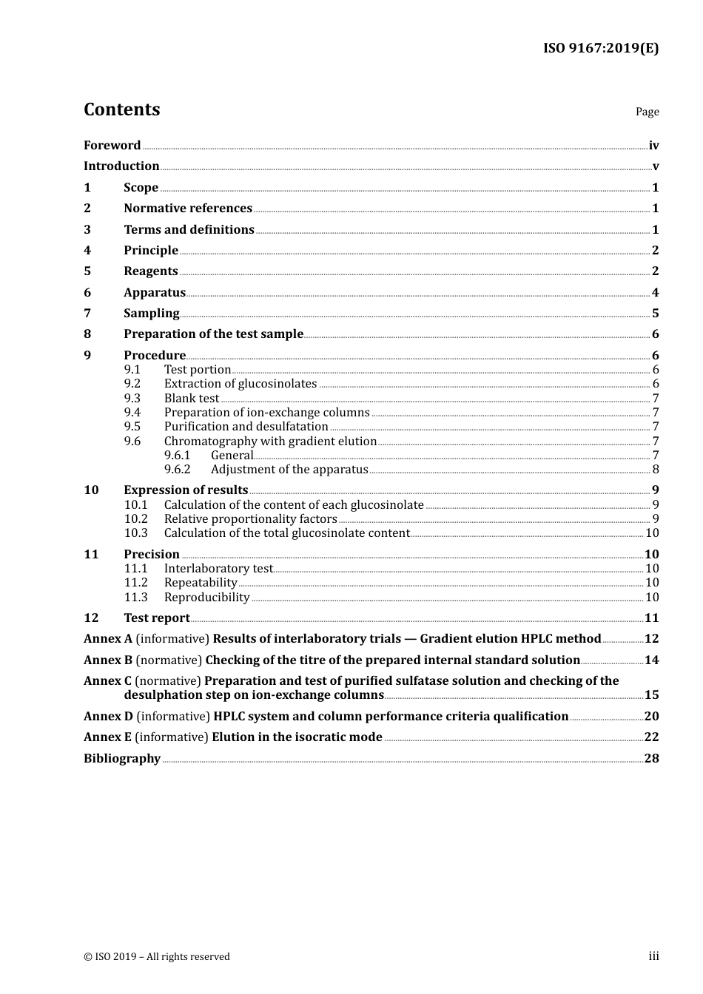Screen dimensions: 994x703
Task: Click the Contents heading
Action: pyautogui.click(x=121, y=109)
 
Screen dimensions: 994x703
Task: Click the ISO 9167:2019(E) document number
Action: pyautogui.click(x=600, y=49)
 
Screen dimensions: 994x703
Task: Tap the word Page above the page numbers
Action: pyautogui.click(x=647, y=112)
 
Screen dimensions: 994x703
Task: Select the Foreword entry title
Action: pyautogui.click(x=112, y=146)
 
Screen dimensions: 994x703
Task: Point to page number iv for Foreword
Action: pyautogui.click(x=653, y=146)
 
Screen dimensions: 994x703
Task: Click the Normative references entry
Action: pyautogui.click(x=188, y=209)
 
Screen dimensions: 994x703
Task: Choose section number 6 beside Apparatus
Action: pyautogui.click(x=87, y=293)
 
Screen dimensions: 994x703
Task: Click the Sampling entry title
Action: pyautogui.click(x=151, y=314)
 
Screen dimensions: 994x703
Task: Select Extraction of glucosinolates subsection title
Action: pyautogui.click(x=240, y=384)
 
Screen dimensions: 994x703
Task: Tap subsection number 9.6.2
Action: pyautogui.click(x=178, y=470)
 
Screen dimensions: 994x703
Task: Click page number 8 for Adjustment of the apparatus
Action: pyautogui.click(x=656, y=470)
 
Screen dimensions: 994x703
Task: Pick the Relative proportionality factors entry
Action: pyautogui.click(x=250, y=519)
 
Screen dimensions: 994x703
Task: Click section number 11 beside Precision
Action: pyautogui.click(x=91, y=555)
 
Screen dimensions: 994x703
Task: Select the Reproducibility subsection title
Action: pyautogui.click(x=206, y=598)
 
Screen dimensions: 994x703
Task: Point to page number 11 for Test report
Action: pyautogui.click(x=651, y=618)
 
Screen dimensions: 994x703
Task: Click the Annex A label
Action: pyautogui.click(x=108, y=639)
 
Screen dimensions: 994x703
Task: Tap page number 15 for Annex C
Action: pyautogui.click(x=651, y=695)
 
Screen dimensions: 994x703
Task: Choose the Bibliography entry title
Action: pyautogui.click(x=122, y=759)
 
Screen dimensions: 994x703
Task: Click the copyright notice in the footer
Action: pyautogui.click(x=157, y=957)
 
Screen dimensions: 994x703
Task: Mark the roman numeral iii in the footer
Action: pyautogui.click(x=653, y=956)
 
